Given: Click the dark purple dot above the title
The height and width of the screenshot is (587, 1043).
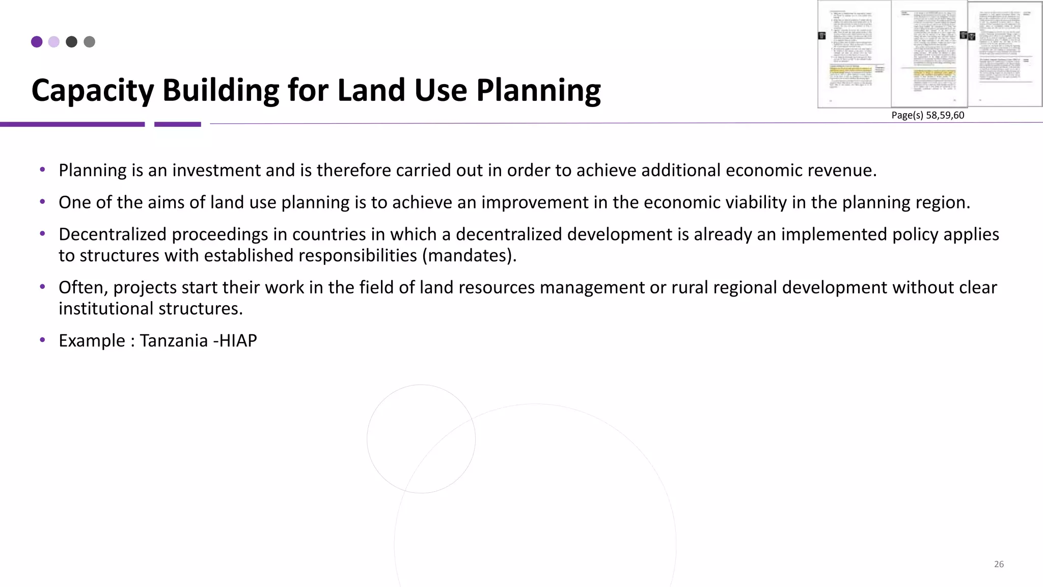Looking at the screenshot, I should point(37,42).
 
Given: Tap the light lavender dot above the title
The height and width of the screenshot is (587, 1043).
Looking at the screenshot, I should point(54,42).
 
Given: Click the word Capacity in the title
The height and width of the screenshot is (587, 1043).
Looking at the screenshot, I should point(92,91).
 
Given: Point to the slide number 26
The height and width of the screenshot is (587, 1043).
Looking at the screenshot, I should point(999,564).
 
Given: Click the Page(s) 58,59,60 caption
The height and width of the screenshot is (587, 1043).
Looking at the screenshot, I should point(927,115).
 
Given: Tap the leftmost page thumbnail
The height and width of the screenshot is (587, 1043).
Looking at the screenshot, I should point(854,54).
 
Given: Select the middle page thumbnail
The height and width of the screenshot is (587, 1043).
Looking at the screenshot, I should point(929,54).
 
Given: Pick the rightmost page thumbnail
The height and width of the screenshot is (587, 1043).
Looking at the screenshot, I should point(1005,54).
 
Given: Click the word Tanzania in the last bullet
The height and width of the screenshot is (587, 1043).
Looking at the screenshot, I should point(174,340).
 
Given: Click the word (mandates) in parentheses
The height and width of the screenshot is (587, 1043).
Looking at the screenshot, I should point(469,255).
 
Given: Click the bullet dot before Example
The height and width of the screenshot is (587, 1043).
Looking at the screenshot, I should point(43,339).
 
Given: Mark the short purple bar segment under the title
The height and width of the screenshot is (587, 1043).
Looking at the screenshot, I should point(177,124).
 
